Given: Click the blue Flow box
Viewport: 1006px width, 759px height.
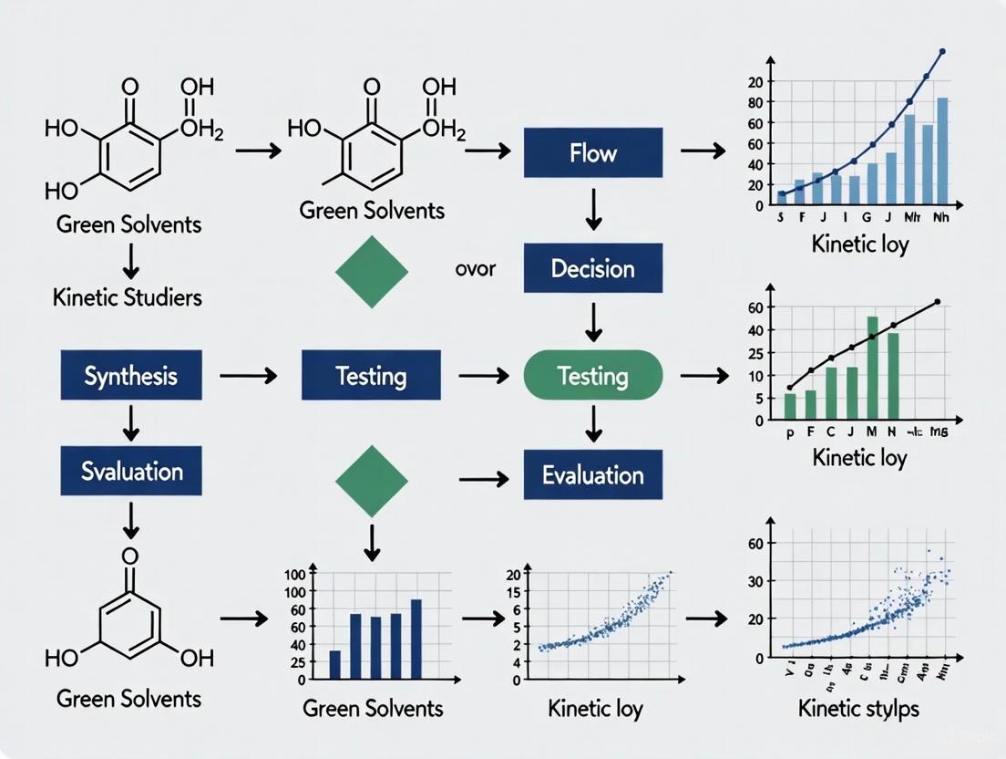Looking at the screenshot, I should point(593,152).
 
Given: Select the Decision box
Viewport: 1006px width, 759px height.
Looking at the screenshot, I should point(593,268).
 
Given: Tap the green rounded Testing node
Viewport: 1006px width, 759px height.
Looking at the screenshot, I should point(593,375).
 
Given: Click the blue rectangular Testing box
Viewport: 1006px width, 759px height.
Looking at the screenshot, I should point(371,375).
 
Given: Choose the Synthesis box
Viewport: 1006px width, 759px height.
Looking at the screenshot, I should point(130,375).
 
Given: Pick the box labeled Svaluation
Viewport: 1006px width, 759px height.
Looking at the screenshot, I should point(130,471).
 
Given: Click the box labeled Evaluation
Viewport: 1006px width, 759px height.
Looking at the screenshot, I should point(593,474).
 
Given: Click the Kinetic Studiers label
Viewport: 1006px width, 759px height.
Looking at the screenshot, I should point(127,296).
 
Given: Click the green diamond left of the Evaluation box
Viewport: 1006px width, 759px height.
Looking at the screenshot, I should point(372,476).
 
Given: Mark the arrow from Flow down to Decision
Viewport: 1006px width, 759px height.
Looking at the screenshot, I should point(593,210).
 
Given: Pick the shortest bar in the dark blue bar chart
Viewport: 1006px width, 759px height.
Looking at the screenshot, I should point(334,664).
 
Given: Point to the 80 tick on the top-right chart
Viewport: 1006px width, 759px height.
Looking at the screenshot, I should point(754,102).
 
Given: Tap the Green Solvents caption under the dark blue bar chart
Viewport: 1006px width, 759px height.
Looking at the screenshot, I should point(372,708).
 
